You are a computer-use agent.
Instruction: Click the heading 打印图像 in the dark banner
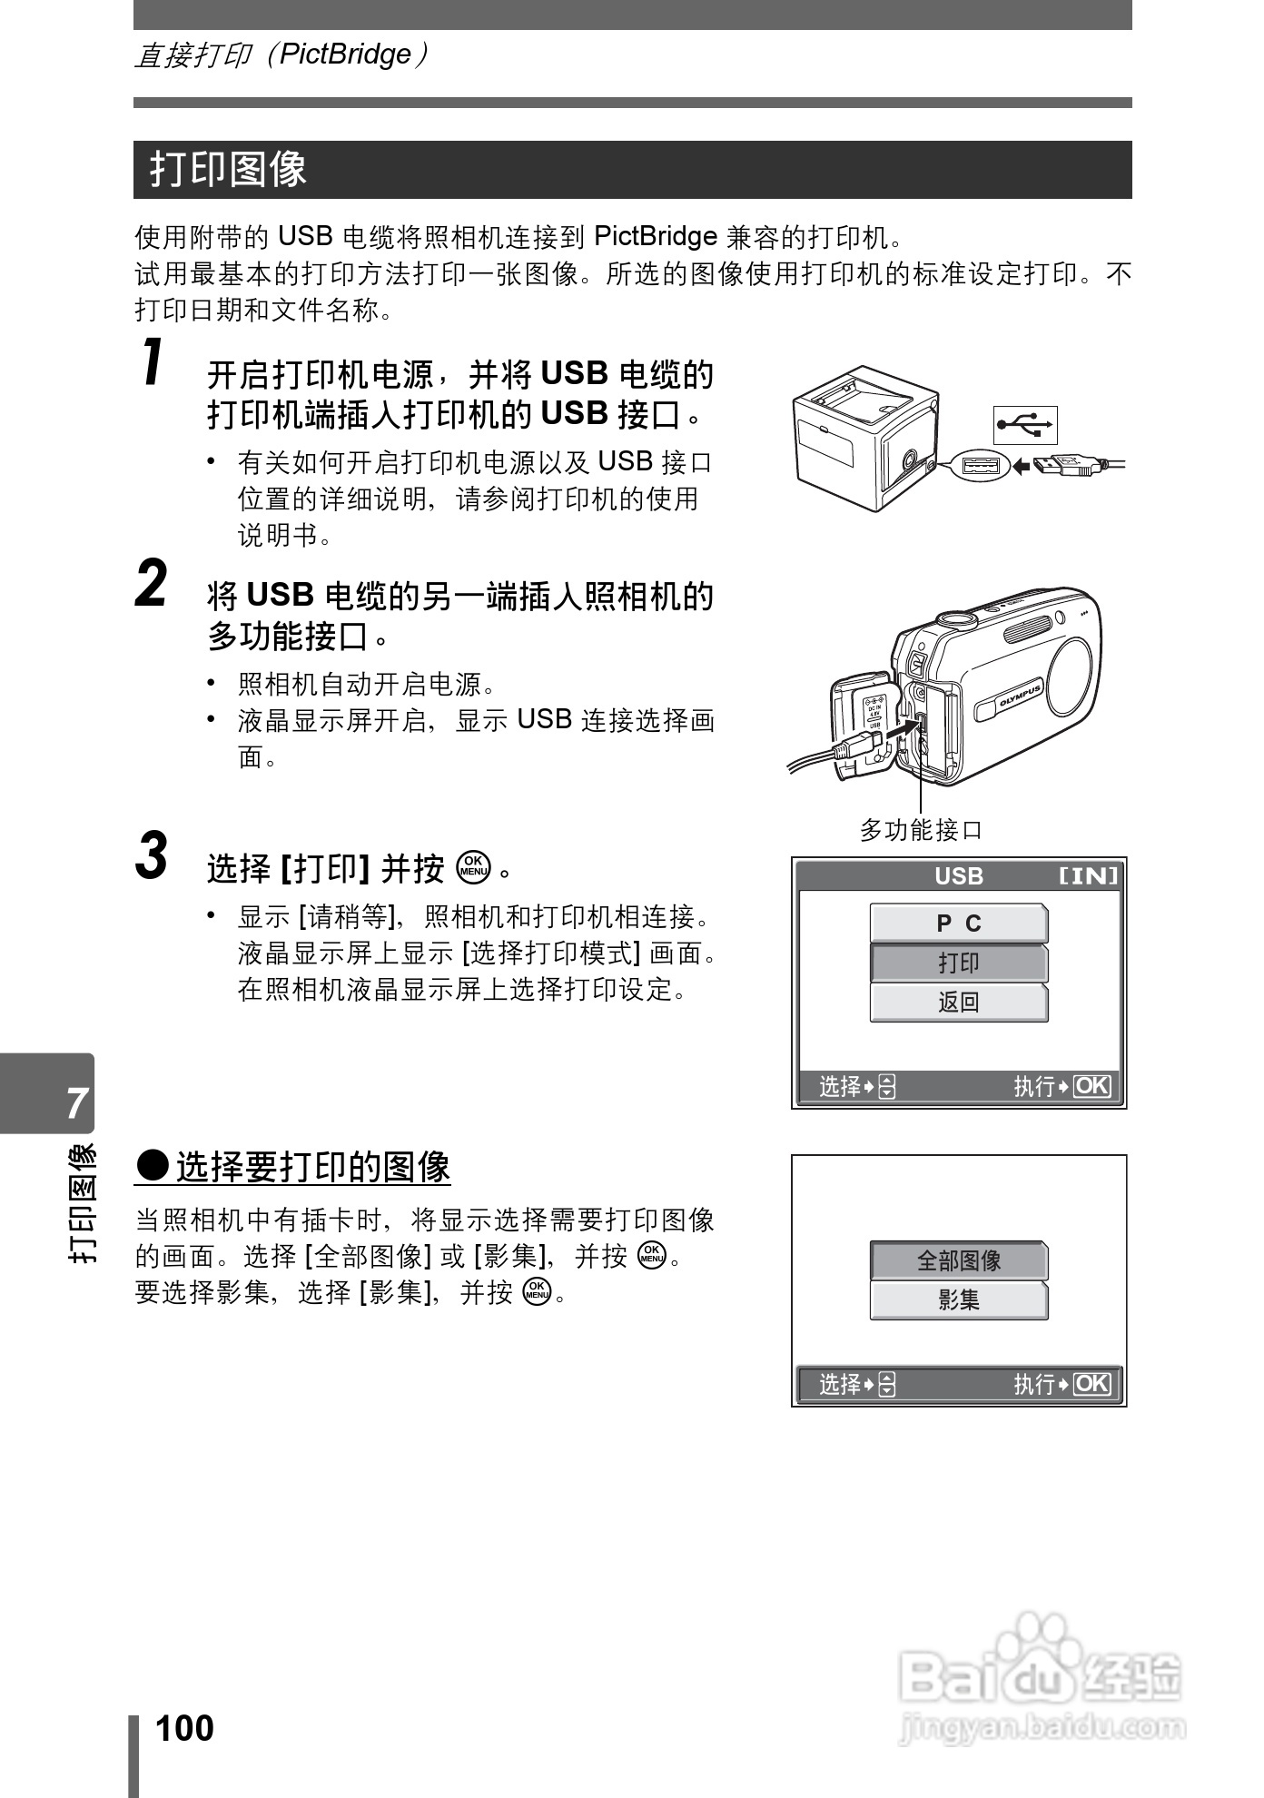click(229, 170)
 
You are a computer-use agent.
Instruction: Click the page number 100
click(184, 1728)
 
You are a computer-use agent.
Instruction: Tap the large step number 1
click(155, 362)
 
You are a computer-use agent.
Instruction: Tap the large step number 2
click(152, 584)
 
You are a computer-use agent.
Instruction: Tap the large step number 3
click(152, 855)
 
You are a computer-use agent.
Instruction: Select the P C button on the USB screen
click(959, 924)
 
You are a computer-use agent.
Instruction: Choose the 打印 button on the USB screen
click(959, 963)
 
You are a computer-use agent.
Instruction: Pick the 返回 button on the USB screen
click(959, 1003)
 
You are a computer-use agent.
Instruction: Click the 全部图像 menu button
click(959, 1260)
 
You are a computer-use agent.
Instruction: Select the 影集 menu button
click(959, 1300)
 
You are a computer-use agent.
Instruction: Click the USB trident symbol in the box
click(1025, 424)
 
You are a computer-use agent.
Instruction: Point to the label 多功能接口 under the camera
click(921, 829)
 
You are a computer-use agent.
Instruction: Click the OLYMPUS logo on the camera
click(1020, 697)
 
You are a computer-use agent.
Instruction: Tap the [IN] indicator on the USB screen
click(1088, 876)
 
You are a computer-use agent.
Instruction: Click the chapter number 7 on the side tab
click(77, 1102)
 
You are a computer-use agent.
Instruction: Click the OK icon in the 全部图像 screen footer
click(1091, 1384)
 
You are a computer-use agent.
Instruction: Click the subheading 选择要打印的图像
click(312, 1167)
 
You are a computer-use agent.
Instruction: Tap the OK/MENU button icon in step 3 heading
click(474, 867)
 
